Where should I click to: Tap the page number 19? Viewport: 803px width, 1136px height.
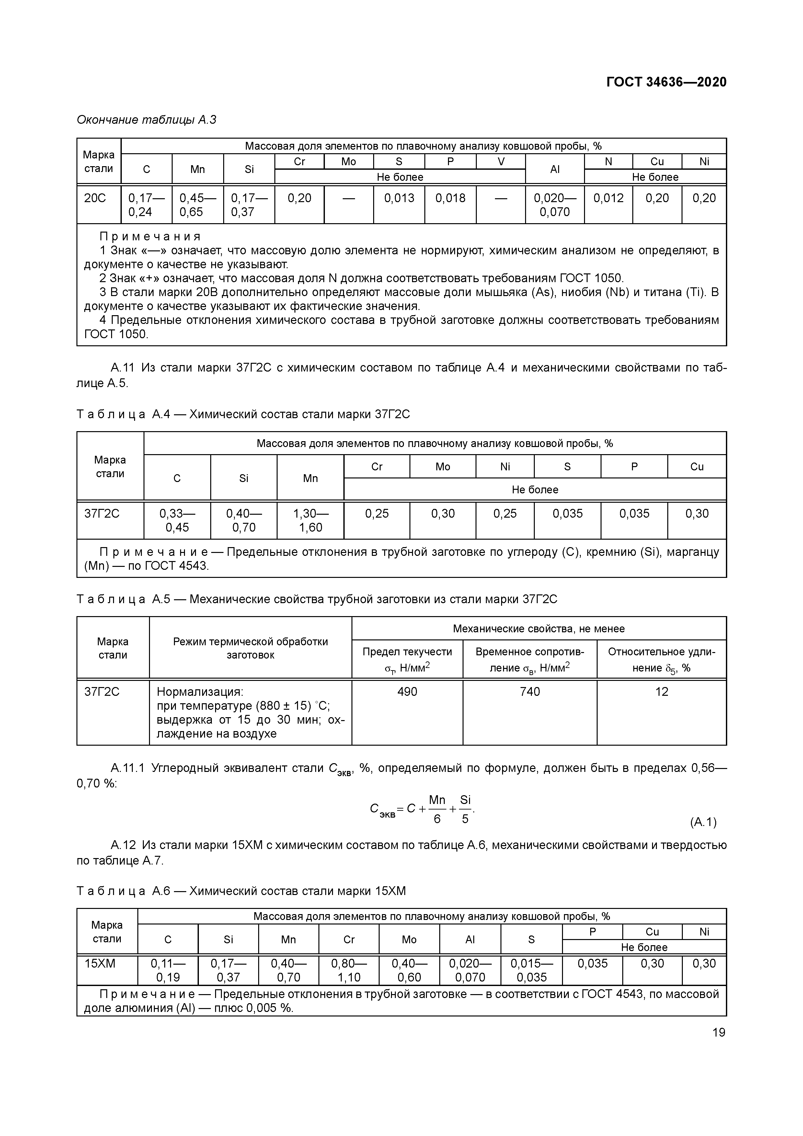coord(718,1032)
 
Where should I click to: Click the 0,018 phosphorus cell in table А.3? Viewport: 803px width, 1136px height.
coord(450,199)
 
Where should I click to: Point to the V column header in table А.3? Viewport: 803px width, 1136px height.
coord(501,162)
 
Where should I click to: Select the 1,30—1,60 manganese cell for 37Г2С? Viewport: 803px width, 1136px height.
coord(310,521)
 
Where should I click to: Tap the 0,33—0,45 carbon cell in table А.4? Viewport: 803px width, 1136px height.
coord(177,521)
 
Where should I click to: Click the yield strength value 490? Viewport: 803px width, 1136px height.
coord(407,692)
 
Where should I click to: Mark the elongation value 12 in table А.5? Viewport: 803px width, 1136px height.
coord(661,692)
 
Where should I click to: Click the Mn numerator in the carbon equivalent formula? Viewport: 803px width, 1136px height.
coord(437,800)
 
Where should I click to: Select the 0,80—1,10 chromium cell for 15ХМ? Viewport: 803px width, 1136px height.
coord(349,970)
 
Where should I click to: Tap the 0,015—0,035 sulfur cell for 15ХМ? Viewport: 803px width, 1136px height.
coord(531,970)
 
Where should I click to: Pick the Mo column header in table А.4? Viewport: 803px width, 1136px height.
coord(442,466)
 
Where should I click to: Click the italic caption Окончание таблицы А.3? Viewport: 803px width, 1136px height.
coord(146,120)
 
